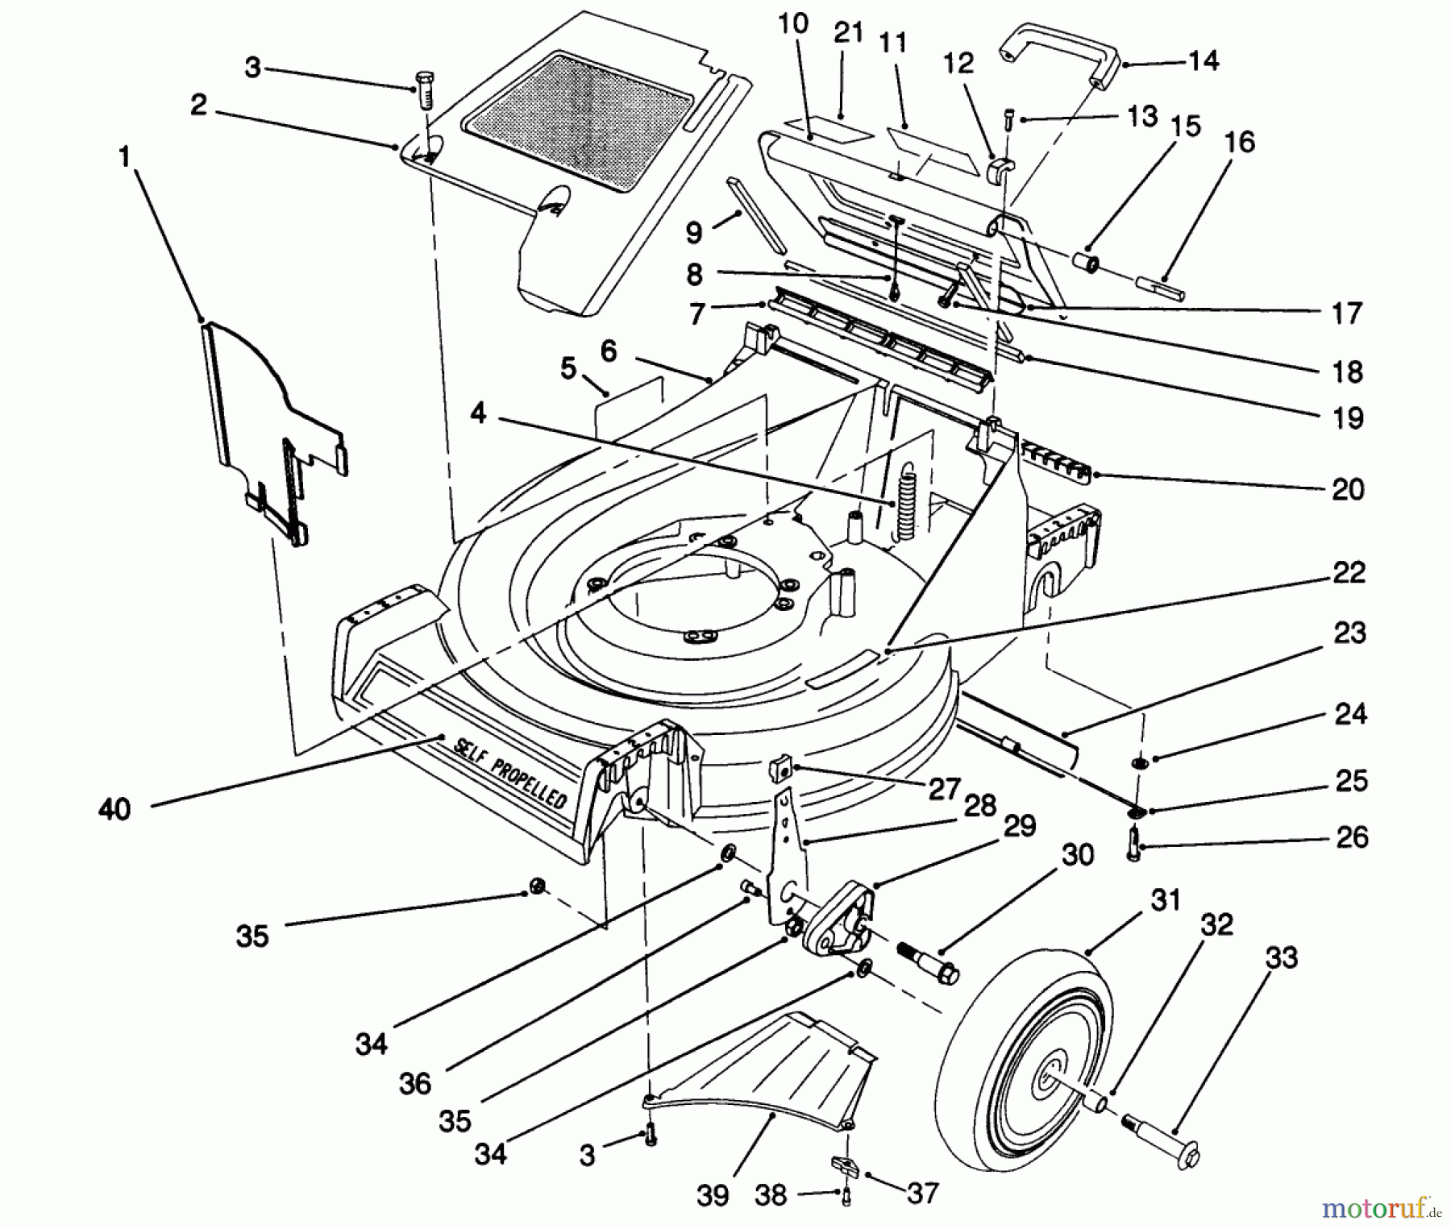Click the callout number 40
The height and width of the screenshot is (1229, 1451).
114,808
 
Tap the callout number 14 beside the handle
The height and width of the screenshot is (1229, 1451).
1204,60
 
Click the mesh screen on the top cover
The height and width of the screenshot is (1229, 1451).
577,121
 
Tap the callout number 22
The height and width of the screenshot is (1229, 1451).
1349,573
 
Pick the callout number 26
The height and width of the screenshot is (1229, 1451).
1351,837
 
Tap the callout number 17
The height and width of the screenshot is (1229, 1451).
1346,313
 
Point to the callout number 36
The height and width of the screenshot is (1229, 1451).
415,1084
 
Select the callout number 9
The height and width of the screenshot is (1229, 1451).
694,232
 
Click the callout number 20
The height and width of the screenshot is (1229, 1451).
1348,489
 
